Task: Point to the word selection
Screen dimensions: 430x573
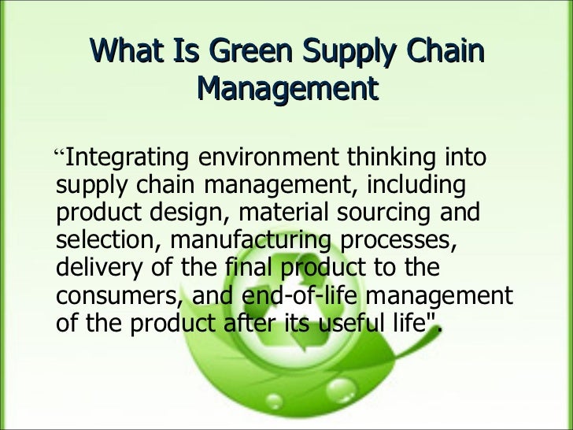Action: point(107,240)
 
